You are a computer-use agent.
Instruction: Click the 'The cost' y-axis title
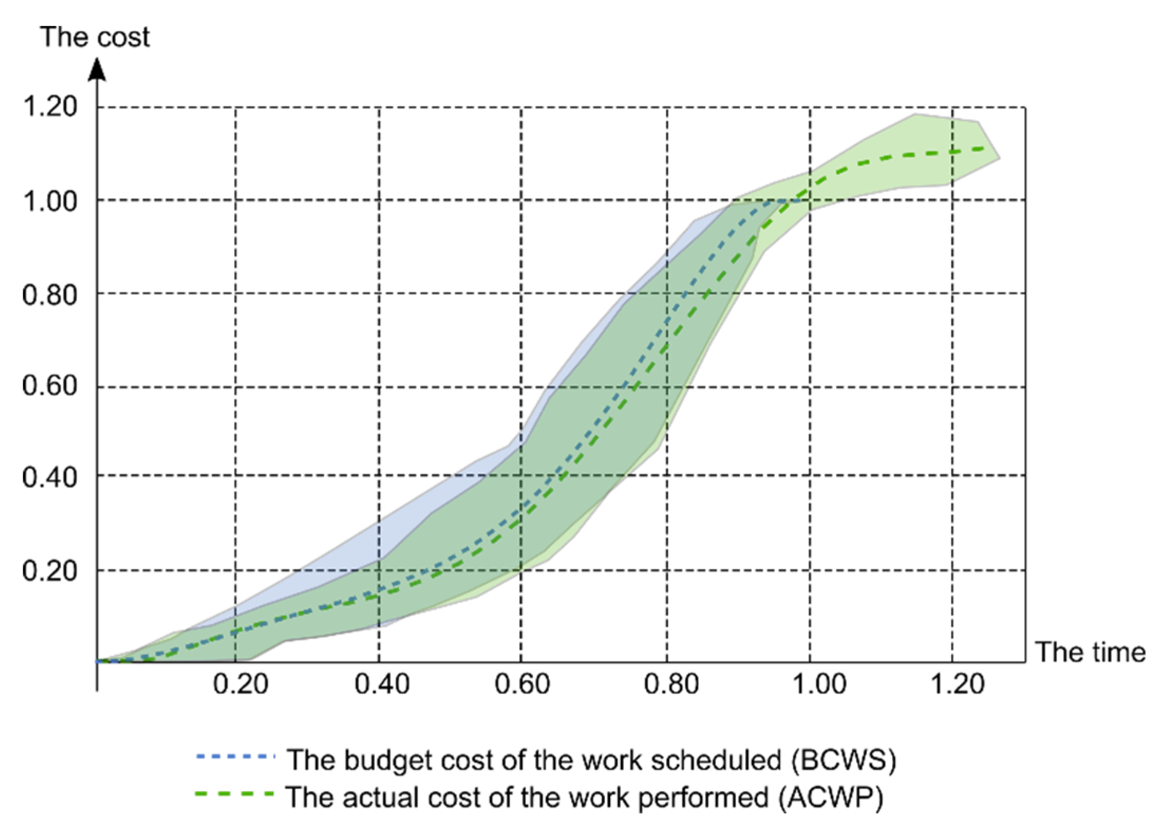95,37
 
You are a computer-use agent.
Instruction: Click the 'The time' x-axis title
1089,652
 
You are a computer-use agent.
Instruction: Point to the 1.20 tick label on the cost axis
50,107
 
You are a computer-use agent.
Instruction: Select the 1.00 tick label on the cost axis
50,201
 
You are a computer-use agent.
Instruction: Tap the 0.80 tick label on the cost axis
50,295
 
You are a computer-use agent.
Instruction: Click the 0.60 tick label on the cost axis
50,386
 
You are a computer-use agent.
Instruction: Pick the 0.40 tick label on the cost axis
50,478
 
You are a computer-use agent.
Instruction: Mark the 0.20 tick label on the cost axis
50,571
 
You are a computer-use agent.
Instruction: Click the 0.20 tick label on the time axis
240,685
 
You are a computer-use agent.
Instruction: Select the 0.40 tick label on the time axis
382,685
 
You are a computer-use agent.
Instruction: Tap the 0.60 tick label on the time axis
522,685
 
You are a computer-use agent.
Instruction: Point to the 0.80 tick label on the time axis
671,685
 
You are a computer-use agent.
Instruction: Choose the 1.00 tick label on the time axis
820,685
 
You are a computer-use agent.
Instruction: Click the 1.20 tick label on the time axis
957,685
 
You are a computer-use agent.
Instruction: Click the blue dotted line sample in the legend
235,756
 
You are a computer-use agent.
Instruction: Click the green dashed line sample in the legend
235,793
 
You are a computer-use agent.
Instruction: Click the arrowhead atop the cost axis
97,70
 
